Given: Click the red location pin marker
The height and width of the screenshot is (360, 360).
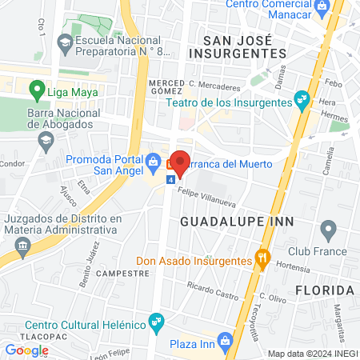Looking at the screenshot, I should click(x=180, y=162).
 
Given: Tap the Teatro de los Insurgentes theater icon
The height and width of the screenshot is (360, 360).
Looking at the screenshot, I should click(x=301, y=100).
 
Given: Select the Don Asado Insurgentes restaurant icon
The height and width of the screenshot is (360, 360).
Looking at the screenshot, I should click(x=260, y=258).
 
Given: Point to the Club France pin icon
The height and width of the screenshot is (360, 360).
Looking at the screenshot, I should click(x=327, y=232).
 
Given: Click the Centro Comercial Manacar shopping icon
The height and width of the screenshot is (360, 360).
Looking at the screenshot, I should click(x=322, y=6).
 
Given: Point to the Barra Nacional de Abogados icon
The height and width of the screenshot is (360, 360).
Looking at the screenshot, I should click(x=47, y=139).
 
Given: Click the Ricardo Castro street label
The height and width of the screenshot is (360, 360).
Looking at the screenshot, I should click(x=212, y=290).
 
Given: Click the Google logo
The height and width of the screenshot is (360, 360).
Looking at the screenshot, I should click(x=26, y=350).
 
